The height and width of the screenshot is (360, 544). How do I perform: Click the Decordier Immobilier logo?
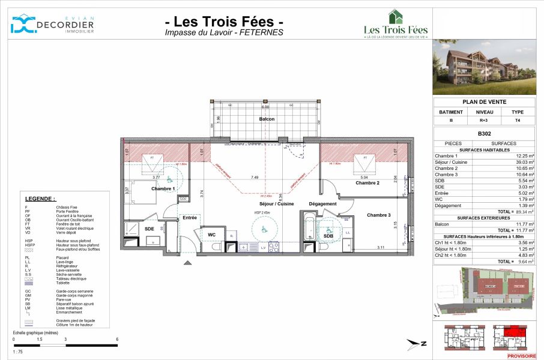(x=52, y=24)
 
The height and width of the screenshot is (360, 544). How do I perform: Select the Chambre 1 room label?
(x=163, y=189)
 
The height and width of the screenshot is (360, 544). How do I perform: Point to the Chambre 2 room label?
(x=367, y=183)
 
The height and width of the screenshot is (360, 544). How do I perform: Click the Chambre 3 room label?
(x=379, y=215)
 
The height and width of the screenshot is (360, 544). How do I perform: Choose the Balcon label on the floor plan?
(x=267, y=119)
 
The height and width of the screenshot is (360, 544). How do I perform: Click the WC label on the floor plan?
(x=212, y=235)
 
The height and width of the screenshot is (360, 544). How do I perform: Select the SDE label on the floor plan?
(x=149, y=229)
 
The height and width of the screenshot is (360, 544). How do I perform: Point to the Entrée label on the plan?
(x=190, y=218)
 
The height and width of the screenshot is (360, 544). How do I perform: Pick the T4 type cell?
(x=517, y=120)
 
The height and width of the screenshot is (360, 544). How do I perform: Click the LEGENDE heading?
(x=40, y=199)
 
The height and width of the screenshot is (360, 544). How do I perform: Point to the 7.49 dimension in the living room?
(x=255, y=178)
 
